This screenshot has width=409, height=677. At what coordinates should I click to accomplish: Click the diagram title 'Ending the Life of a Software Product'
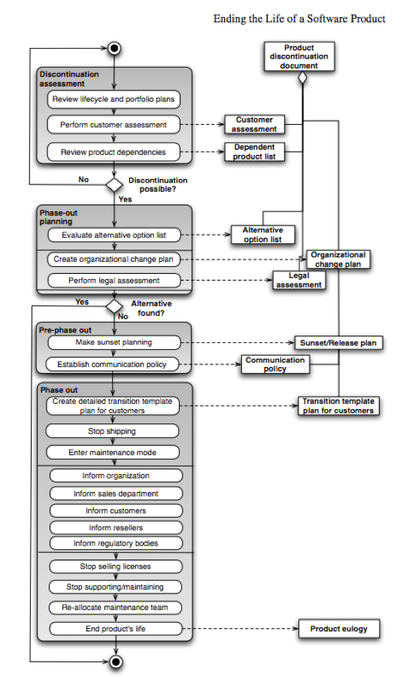[299, 18]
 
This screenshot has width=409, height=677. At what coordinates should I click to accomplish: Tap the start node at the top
[114, 49]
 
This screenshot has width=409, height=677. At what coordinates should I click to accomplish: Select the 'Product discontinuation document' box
[299, 56]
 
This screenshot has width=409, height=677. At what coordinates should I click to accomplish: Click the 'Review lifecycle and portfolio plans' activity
[115, 99]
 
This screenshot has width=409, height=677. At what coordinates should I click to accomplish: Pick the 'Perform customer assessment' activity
[114, 125]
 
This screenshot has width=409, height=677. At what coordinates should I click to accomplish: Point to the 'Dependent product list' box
[254, 152]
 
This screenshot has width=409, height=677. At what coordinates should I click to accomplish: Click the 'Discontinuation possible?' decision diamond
[114, 184]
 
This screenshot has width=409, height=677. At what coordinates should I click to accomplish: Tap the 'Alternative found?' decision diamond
[114, 306]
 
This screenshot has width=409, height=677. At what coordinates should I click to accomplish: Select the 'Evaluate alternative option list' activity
[114, 235]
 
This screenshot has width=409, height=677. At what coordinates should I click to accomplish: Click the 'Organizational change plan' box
[338, 260]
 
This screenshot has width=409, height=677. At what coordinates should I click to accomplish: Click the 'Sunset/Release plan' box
[338, 343]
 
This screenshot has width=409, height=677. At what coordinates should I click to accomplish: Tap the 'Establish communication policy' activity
[114, 365]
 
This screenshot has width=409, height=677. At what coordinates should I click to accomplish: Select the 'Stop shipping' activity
[113, 432]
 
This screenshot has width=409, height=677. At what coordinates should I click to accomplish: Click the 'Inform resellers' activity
[116, 527]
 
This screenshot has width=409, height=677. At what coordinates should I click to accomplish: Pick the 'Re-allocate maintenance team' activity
[116, 607]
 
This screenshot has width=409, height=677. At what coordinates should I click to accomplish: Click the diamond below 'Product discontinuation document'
[302, 77]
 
